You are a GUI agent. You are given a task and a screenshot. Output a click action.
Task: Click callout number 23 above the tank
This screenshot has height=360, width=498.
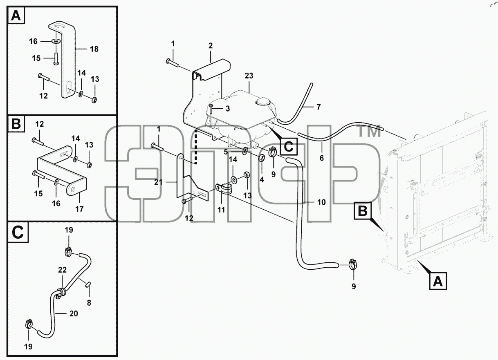pos(249,76)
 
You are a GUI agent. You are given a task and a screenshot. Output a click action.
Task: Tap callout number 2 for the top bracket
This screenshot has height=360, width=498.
pos(211,45)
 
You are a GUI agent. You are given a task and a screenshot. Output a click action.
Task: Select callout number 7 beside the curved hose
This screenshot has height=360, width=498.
pos(319,107)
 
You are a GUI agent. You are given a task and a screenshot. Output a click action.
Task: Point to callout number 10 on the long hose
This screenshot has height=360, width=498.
pos(321,202)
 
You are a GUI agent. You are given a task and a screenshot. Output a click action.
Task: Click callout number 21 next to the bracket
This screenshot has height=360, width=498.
pos(158,182)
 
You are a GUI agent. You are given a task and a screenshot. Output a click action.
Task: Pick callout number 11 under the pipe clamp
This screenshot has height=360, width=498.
pos(221,210)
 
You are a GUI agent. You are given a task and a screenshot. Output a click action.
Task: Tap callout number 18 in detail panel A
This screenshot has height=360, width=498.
pos(94,49)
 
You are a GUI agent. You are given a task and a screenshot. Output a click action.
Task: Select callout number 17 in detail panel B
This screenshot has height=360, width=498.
pos(79,209)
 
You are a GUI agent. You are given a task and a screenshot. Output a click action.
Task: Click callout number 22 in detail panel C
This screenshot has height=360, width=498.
pos(62,270)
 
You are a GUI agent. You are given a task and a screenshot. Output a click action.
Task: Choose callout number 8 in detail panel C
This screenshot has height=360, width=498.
pos(89,303)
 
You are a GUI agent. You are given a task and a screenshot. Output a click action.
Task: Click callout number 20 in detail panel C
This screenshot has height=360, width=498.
pos(74,313)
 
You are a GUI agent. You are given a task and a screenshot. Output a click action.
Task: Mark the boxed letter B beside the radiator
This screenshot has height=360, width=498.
pos(362,210)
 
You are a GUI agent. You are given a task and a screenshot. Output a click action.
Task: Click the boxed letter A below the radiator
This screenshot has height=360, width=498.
pos(438,281)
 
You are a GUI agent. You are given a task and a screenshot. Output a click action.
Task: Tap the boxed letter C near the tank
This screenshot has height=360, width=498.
pos(289,146)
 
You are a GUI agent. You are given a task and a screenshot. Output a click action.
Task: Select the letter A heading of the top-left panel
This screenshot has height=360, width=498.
pos(16,16)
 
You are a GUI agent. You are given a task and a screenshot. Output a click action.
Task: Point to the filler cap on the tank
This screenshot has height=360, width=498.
pos(263,102)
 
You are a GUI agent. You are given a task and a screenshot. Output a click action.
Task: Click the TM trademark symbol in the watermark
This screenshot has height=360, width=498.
pos(369,131)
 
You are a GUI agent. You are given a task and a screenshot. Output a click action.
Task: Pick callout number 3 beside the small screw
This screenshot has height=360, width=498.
pos(228,109)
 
